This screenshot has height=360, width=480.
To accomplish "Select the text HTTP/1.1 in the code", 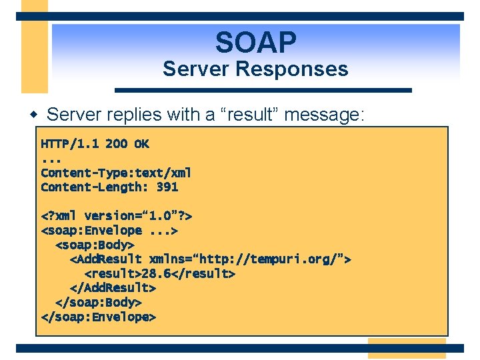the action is (69, 144).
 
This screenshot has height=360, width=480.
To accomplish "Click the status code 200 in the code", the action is (116, 144).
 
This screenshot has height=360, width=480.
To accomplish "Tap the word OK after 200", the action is (141, 144).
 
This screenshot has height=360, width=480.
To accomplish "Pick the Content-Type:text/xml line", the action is (116, 173).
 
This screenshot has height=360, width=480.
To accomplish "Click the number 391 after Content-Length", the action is (167, 187).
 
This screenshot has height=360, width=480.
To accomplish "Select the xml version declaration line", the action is (117, 216).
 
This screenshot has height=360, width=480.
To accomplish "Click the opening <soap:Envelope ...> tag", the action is (109, 231).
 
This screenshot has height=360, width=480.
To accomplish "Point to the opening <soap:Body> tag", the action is (98, 245).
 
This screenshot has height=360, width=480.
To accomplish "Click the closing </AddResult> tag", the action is (113, 288).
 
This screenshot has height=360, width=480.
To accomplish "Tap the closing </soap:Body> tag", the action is (98, 303).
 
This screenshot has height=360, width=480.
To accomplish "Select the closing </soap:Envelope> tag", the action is (98, 317).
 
